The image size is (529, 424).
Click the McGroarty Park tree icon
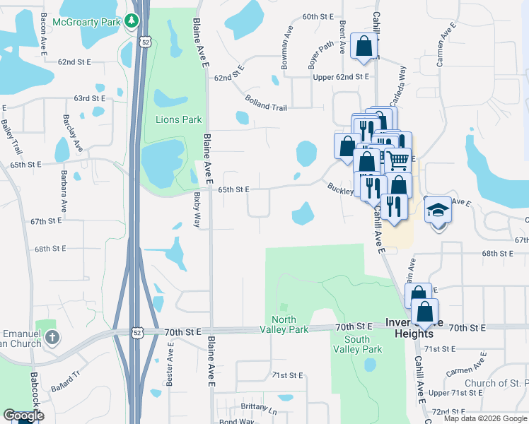click(132, 21)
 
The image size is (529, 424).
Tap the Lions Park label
click(179, 119)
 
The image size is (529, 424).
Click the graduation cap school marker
click(437, 210)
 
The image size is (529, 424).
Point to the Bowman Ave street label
click(287, 49)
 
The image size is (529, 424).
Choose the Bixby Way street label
click(196, 209)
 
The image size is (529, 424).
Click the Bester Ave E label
click(170, 364)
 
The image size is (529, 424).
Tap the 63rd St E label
click(89, 98)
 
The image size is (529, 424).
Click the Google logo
click(23, 415)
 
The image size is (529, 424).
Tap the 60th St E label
click(318, 16)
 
